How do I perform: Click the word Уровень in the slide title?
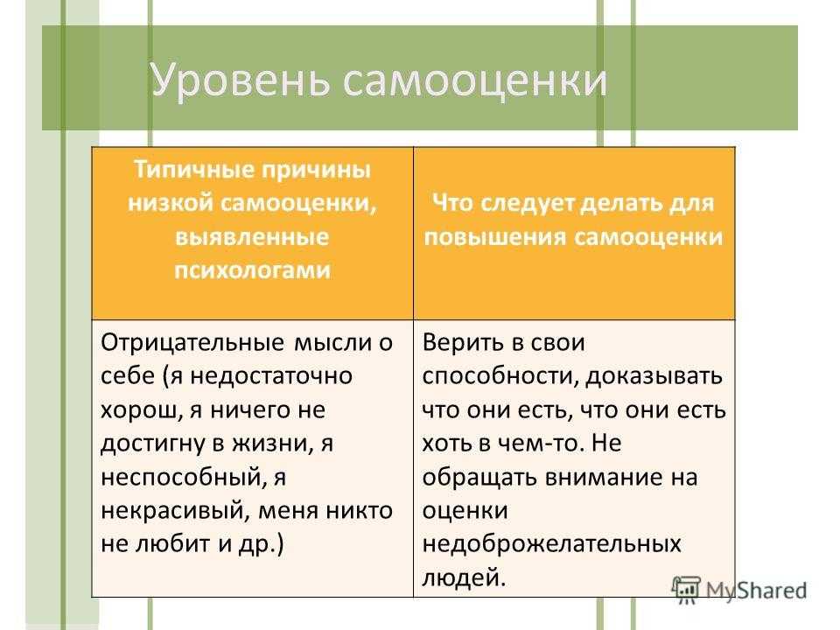(240, 81)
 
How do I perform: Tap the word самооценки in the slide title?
(474, 81)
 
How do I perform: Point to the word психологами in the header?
(252, 270)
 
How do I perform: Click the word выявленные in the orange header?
(252, 236)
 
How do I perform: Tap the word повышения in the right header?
(495, 237)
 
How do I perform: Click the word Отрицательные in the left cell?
(192, 343)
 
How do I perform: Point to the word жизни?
(272, 444)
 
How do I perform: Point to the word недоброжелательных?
(552, 544)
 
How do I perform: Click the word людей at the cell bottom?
(464, 578)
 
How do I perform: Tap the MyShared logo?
(739, 591)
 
